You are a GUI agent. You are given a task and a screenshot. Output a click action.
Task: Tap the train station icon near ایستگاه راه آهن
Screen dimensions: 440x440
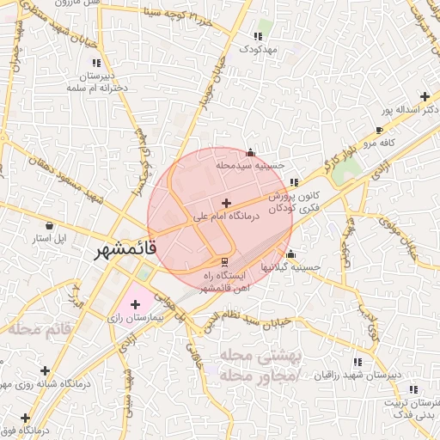coord(225,260)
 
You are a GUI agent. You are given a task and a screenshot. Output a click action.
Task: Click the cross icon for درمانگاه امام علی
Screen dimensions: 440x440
coord(226,203)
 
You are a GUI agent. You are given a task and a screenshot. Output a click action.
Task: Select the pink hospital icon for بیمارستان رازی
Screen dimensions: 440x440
coord(135,304)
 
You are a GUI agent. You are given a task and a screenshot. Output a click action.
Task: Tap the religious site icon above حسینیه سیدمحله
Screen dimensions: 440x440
coord(250,152)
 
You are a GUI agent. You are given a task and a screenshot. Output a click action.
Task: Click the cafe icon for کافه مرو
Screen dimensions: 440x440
coord(379,131)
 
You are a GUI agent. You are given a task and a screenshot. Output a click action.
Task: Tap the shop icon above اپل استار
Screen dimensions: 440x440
coord(50,225)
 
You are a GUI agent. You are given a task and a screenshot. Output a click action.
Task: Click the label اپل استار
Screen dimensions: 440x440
coord(49,236)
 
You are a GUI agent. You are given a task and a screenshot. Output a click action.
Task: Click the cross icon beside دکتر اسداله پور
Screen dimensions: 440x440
coord(424,96)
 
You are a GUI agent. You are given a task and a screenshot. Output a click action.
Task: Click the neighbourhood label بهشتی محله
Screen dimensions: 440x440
coord(258,355)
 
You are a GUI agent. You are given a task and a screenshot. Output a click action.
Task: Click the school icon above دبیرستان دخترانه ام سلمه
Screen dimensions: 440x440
coord(96,63)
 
